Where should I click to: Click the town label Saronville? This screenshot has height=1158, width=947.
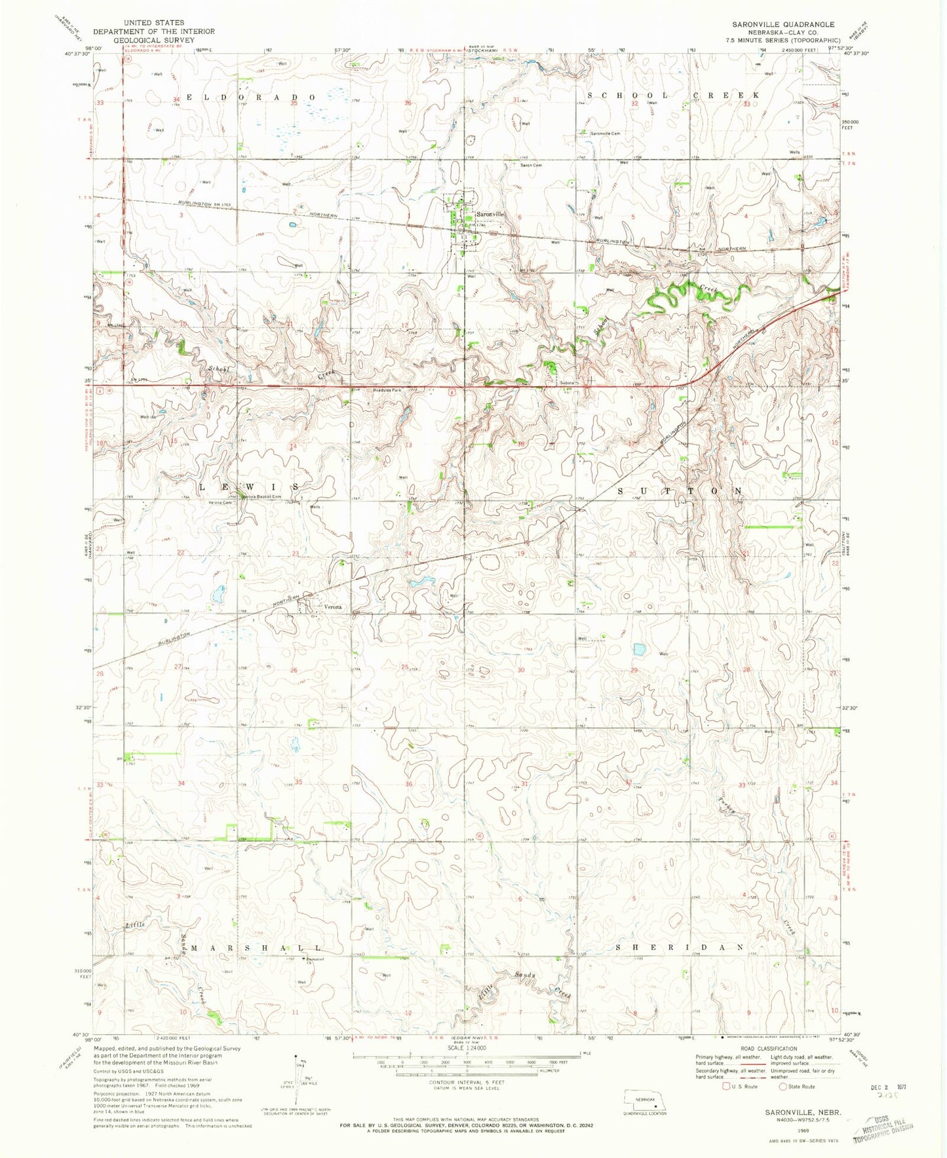point(490,214)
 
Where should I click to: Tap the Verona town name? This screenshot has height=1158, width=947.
point(331,607)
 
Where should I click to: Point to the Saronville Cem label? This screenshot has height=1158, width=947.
point(605,133)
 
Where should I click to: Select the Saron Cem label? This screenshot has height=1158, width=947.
point(531,165)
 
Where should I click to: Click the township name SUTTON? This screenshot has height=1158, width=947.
point(680,490)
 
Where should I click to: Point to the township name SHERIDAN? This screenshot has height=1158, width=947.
point(680,948)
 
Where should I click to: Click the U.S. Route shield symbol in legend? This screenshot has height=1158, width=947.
point(727,1087)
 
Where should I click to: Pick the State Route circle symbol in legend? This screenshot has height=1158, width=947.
point(783,1087)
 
